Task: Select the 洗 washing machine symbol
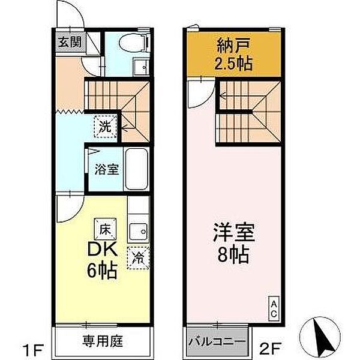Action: pyautogui.click(x=105, y=127)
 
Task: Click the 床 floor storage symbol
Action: pyautogui.click(x=105, y=229)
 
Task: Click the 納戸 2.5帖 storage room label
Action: pyautogui.click(x=233, y=53)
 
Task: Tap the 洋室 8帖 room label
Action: pyautogui.click(x=233, y=243)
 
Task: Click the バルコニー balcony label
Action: pyautogui.click(x=217, y=342)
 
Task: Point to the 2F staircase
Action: pyautogui.click(x=248, y=113)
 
